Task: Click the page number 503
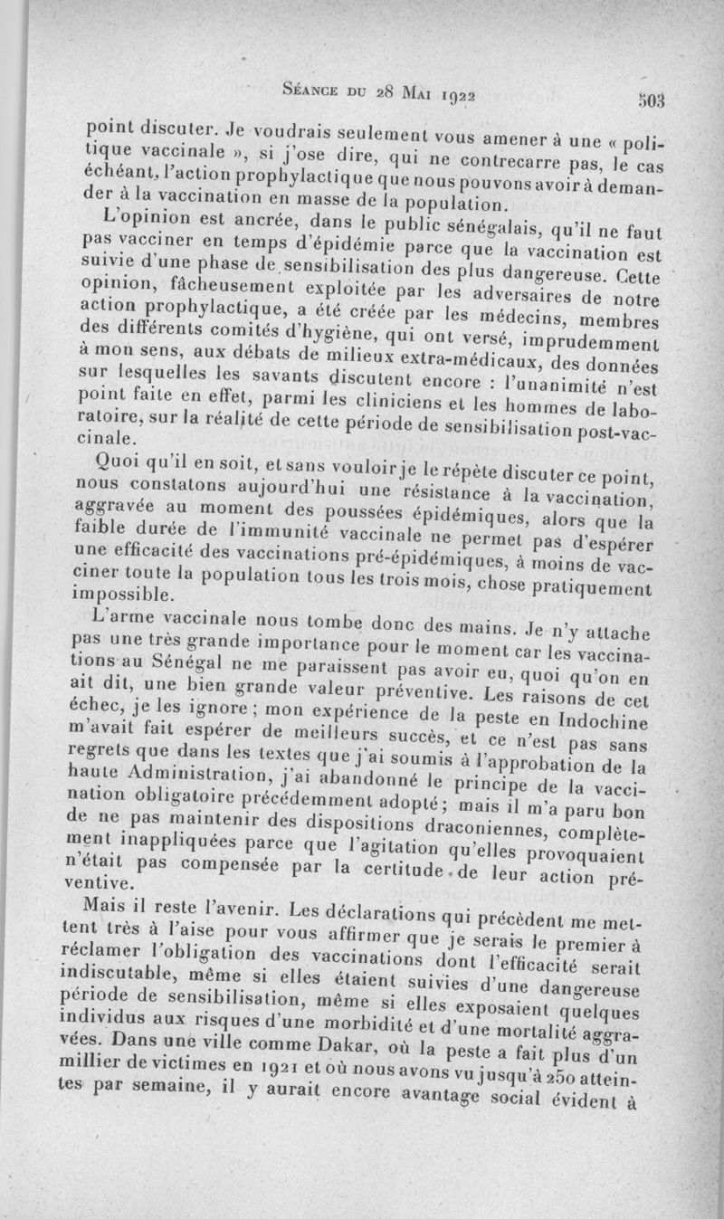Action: click(x=651, y=100)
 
